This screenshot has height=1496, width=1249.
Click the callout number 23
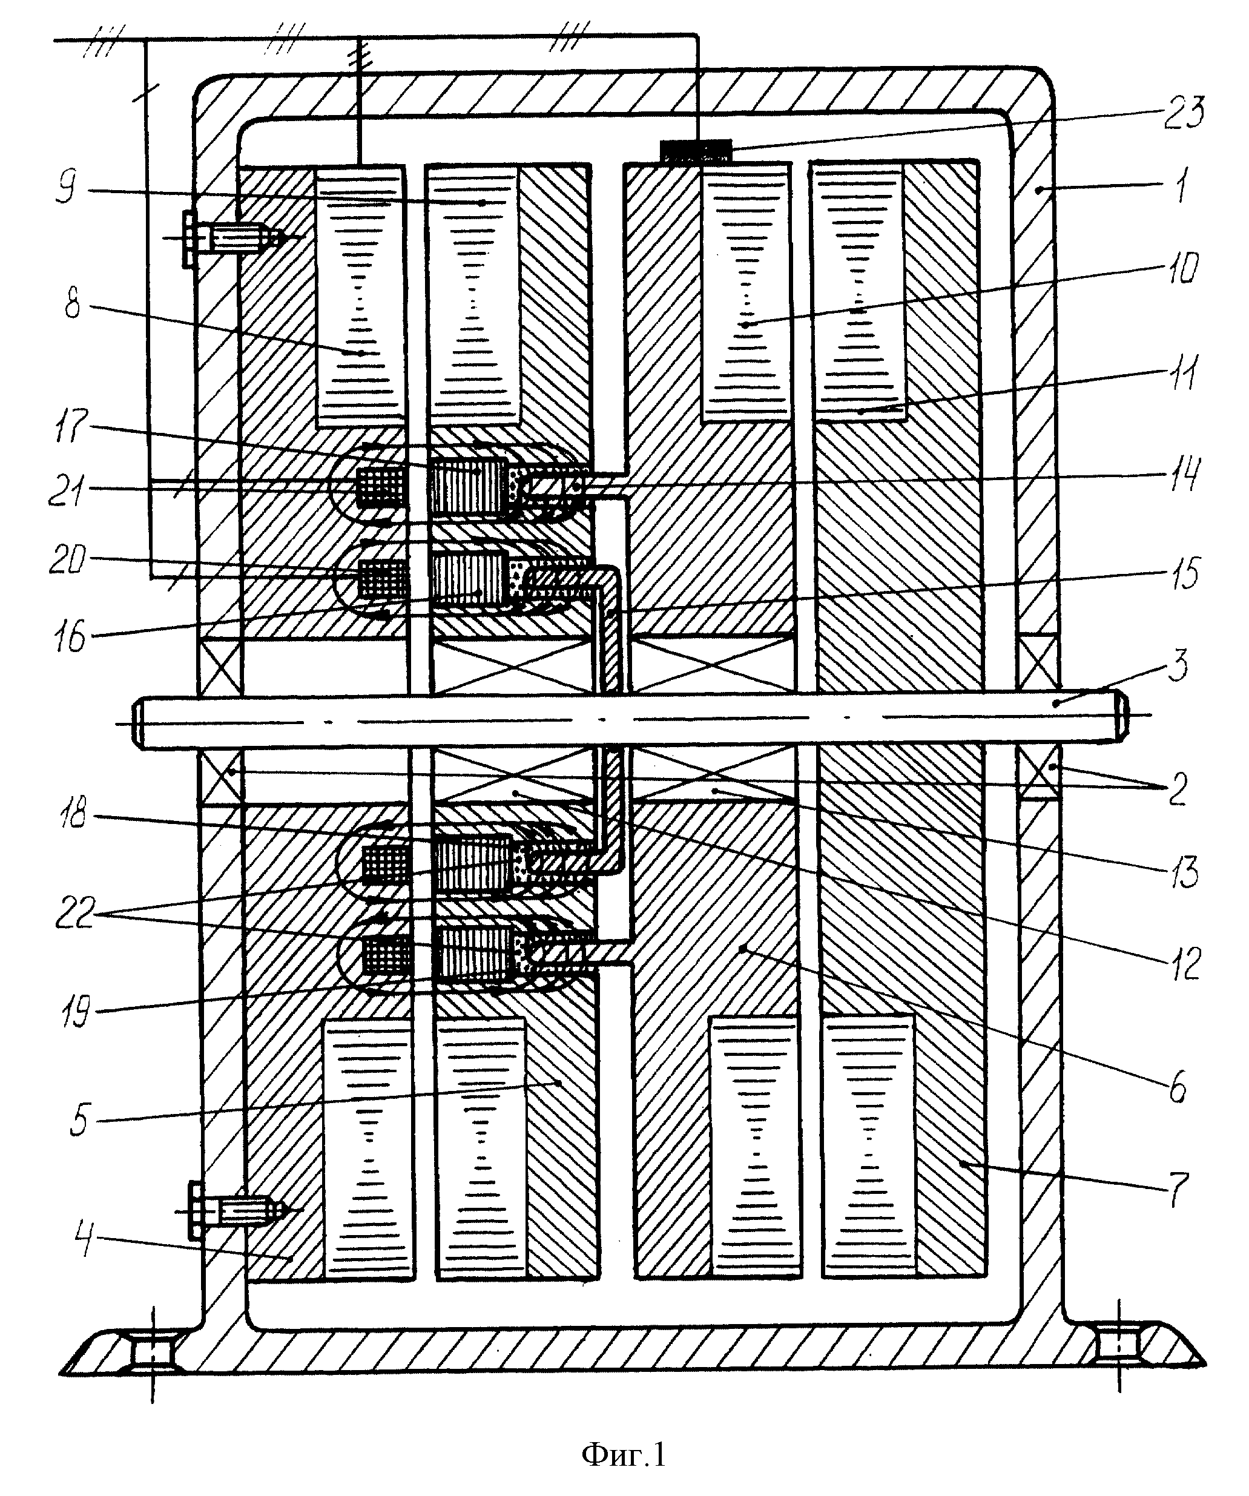click(x=1183, y=113)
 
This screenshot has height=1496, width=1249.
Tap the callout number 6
click(x=1177, y=1088)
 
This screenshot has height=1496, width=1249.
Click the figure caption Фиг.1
click(x=624, y=1454)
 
